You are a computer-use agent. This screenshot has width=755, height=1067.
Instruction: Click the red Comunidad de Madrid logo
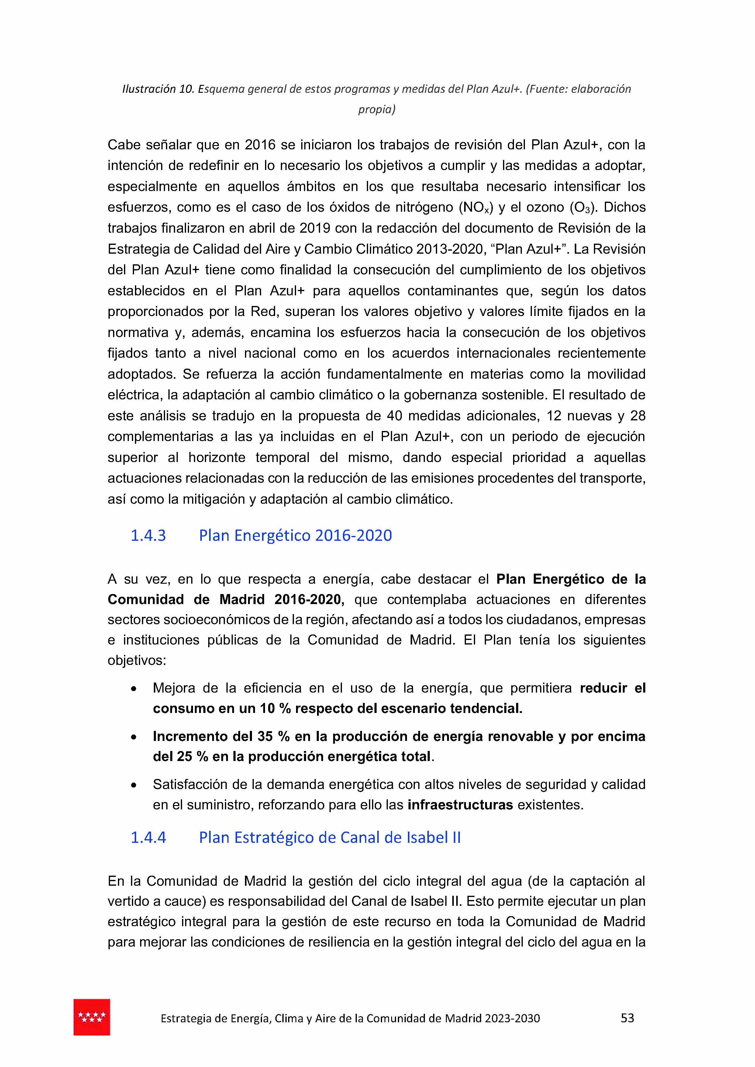(91, 1017)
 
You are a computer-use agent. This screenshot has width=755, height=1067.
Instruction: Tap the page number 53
(627, 1018)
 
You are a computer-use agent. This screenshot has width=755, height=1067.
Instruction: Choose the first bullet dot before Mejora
(134, 689)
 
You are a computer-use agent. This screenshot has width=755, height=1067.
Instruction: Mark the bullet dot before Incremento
(134, 737)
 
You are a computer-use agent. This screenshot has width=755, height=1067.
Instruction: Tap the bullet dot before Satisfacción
(134, 785)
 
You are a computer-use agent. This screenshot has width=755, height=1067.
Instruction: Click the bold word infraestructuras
(460, 805)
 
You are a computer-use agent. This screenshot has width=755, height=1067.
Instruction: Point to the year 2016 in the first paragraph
(260, 145)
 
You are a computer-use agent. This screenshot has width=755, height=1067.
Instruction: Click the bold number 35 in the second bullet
(265, 736)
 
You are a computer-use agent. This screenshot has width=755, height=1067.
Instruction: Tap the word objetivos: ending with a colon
(137, 660)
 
